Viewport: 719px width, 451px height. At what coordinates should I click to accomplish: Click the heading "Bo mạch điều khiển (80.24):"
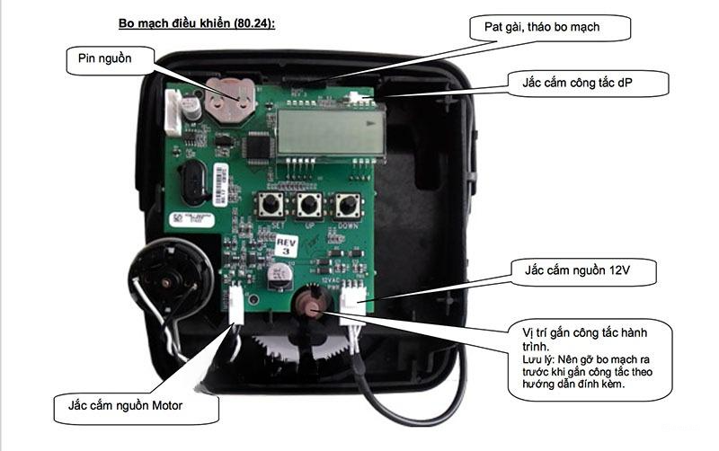(197, 23)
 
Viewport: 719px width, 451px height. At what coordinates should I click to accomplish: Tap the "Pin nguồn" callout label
(105, 58)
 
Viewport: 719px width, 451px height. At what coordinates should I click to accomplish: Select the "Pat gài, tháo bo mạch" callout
(542, 27)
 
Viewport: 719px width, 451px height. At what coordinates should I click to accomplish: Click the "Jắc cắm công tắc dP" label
(577, 83)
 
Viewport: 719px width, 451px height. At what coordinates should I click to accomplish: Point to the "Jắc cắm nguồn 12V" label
(577, 270)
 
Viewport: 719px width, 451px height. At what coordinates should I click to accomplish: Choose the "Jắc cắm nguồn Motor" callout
(125, 405)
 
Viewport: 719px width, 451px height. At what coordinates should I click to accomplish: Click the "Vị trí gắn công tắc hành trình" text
(585, 340)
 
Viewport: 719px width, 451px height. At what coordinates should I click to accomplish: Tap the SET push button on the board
(271, 205)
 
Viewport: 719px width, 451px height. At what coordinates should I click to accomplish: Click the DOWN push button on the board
(348, 205)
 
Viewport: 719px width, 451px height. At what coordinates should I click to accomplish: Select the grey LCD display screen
(331, 132)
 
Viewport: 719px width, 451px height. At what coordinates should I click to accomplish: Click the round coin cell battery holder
(229, 100)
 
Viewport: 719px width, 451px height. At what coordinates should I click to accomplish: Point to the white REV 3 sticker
(287, 246)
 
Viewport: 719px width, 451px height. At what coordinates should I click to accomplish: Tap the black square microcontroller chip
(260, 146)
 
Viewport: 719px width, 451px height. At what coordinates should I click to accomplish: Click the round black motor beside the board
(171, 279)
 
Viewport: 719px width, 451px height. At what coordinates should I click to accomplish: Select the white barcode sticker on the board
(220, 184)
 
